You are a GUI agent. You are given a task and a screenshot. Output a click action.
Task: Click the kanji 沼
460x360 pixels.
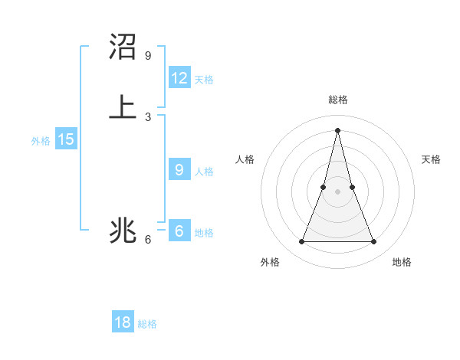coord(123,47)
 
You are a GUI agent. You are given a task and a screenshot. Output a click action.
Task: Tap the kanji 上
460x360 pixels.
coord(123,106)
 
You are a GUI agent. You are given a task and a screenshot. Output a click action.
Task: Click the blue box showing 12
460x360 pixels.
coord(179,77)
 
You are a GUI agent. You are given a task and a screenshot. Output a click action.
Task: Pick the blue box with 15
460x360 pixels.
coord(65,139)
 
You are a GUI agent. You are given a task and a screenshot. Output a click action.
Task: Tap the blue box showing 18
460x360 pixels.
coord(123,322)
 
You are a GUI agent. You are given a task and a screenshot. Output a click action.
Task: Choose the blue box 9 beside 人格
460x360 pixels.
coord(179,170)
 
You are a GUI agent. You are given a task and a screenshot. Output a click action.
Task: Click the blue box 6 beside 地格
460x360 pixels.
coord(179,231)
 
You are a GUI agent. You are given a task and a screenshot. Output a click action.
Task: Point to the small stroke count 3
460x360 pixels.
coord(148,116)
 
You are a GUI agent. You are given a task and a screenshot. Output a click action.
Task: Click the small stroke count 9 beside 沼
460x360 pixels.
coord(148,56)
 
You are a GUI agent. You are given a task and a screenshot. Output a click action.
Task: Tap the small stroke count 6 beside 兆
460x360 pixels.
coord(148,240)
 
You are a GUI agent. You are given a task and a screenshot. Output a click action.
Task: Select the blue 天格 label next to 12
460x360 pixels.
coord(204,79)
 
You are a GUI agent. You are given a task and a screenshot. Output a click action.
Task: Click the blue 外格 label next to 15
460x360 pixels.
coord(41,141)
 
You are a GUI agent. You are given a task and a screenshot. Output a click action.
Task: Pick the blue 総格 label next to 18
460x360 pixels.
coord(147,324)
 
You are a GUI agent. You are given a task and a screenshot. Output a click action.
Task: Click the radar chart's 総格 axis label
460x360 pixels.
coord(338,100)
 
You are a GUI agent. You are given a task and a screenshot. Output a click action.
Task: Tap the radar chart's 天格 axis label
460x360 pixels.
coord(431,159)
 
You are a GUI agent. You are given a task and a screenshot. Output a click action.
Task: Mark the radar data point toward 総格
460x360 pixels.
coord(338,129)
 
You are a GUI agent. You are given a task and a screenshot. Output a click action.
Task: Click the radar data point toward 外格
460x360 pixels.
coord(302,242)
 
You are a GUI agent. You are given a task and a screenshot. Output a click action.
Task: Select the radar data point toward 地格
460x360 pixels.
coord(374,242)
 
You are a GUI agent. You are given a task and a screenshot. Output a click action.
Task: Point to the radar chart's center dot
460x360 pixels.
coord(338,191)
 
